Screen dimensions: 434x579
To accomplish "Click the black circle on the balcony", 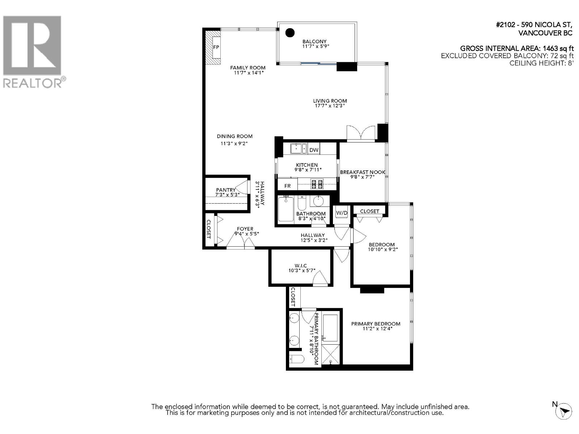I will (290, 33).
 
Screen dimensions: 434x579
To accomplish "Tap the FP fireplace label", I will (216, 47).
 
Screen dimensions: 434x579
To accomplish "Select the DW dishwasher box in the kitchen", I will (314, 150).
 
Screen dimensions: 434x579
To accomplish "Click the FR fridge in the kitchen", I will (287, 186).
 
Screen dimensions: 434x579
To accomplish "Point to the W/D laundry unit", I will (342, 213).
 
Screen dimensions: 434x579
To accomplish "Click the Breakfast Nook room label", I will (363, 172).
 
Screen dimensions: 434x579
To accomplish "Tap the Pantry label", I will (226, 190).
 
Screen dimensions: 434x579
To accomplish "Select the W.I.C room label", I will (300, 266).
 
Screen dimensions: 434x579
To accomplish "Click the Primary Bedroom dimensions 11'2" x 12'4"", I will (377, 329).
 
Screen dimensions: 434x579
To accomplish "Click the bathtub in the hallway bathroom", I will (286, 209).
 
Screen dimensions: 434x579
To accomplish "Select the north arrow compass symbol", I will (565, 411).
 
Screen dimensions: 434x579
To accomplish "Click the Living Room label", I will (330, 101).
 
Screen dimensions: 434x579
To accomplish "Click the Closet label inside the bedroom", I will (369, 211).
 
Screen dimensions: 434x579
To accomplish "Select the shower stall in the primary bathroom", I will (331, 354).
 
